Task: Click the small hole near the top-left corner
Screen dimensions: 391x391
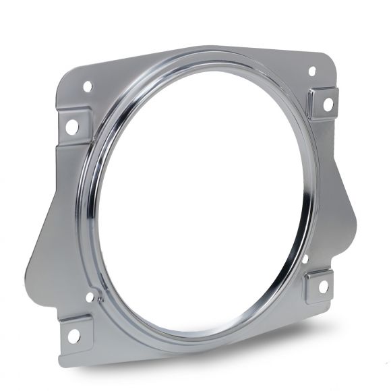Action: click(x=87, y=86)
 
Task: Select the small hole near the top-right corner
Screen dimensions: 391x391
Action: click(x=311, y=71)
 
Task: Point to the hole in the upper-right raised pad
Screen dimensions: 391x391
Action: click(x=327, y=104)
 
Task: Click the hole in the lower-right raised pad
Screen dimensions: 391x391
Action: click(x=323, y=286)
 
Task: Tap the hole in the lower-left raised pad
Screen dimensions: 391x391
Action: click(x=73, y=335)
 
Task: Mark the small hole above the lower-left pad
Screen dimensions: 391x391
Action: click(x=90, y=297)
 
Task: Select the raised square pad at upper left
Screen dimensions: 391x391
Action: click(x=73, y=125)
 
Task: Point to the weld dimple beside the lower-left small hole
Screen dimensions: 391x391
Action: click(x=100, y=295)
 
